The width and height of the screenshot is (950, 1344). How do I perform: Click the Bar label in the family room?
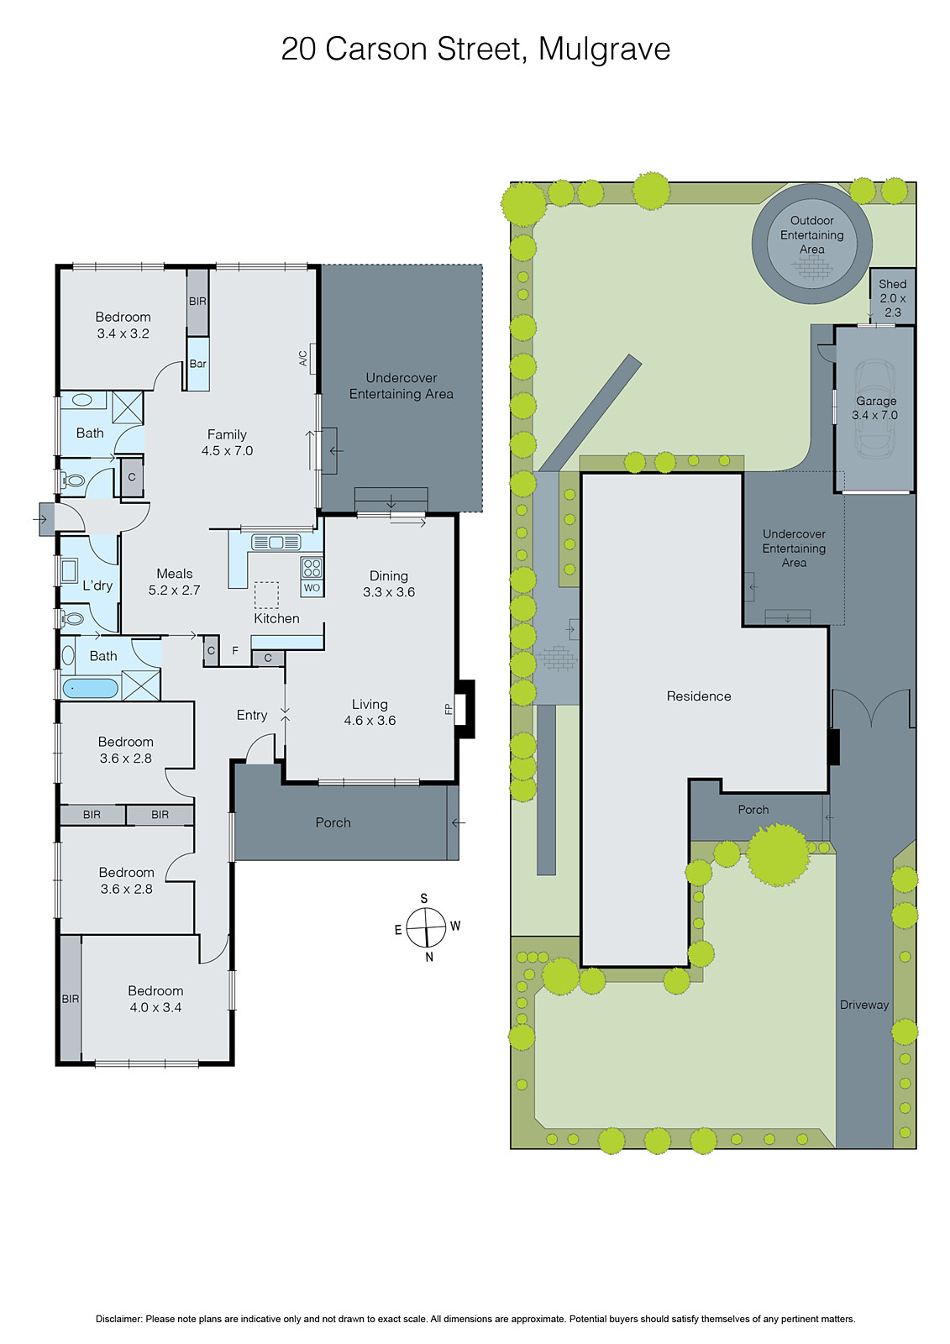point(197,364)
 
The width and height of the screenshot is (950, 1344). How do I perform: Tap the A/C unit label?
point(303,359)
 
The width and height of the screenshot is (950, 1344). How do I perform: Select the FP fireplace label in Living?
point(449,709)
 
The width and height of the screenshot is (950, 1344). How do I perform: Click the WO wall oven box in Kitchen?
point(312,588)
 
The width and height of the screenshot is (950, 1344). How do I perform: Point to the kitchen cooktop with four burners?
point(312,567)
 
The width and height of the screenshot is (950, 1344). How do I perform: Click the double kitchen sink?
point(276,542)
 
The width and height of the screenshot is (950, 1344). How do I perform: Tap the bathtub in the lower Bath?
point(90,689)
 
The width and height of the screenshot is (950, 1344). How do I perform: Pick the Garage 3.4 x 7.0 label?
point(875,408)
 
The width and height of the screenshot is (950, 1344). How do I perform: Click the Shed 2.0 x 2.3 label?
point(892,297)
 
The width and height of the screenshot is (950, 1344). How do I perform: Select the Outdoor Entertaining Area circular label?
point(811,235)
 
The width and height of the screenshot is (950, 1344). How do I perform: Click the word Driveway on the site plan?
point(863,1005)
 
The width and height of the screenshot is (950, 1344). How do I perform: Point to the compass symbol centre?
point(426,927)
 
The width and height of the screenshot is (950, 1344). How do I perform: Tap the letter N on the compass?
point(429,957)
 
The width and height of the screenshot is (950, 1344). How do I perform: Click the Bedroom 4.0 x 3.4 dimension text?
point(155,1007)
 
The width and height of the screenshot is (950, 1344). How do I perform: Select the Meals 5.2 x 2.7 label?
point(175,582)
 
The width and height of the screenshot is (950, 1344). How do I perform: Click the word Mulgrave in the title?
point(604,49)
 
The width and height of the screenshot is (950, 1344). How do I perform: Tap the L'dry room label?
point(97,585)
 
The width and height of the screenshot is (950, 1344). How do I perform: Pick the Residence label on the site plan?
point(699,696)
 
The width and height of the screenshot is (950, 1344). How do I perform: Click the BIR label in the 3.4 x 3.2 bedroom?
point(197,302)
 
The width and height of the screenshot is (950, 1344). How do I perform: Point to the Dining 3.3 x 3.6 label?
point(389,584)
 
